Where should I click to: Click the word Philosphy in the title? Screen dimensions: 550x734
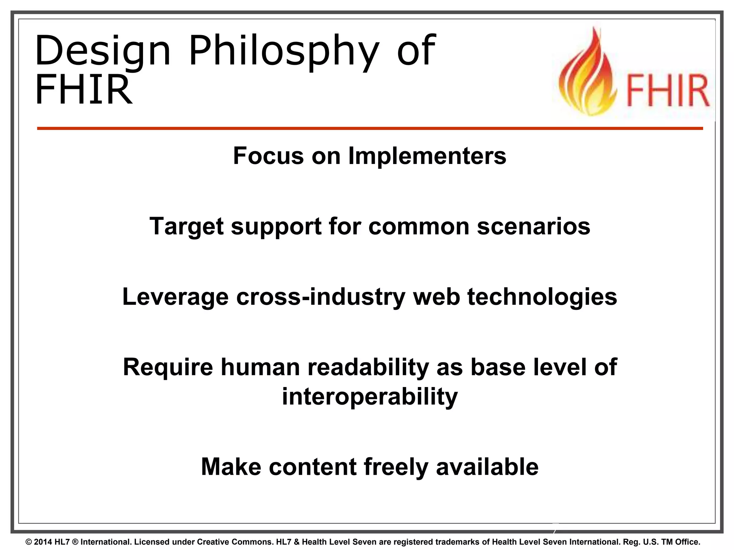point(283,52)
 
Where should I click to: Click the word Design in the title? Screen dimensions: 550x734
point(103,52)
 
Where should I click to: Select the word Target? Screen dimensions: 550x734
point(186,226)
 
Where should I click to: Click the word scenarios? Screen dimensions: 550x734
point(533,226)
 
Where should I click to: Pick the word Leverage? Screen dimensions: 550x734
point(175,297)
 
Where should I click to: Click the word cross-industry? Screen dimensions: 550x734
point(321,297)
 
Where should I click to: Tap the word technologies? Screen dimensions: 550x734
point(542,297)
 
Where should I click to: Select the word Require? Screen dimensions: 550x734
point(168,367)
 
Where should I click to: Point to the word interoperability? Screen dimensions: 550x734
point(370,396)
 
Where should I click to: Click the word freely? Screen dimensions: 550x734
point(396,467)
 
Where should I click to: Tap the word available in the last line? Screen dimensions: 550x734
point(487,467)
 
